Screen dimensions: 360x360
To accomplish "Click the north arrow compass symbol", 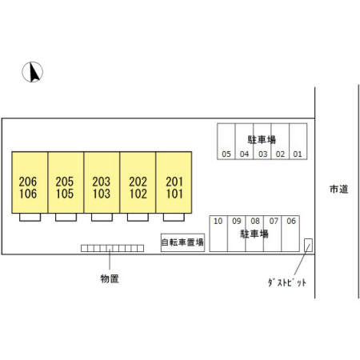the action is coord(32,72).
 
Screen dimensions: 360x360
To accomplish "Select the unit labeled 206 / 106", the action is coord(30,182).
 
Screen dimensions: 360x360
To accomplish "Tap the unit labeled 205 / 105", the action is coord(66,182).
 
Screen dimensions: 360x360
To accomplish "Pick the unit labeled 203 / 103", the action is coord(102,182).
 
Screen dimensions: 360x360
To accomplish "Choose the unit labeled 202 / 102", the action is coord(138,182).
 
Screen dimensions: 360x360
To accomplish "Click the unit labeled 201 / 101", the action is coord(174,182).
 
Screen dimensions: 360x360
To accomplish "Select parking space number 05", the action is coord(226,142).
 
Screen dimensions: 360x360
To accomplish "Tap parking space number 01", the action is coord(298,142).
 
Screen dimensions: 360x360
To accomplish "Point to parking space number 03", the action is coord(262,142).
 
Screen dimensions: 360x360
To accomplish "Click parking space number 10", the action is coord(218,234).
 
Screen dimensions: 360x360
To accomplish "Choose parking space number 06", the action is coord(290,234).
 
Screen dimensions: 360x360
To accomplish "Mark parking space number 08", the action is coord(254,234).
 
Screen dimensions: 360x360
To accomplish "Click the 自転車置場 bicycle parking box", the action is coord(182,242).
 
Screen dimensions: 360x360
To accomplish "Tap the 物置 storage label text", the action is coord(110,278).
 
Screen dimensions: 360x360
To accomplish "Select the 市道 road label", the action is coord(339,189).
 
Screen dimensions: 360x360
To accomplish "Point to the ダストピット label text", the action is coord(287,282).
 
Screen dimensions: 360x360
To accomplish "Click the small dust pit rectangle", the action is coord(308,245).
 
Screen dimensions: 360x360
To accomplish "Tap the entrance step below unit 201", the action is coord(174,217).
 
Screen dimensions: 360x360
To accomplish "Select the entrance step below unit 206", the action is coord(30,217).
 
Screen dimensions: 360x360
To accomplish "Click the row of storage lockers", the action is coord(112,248).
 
